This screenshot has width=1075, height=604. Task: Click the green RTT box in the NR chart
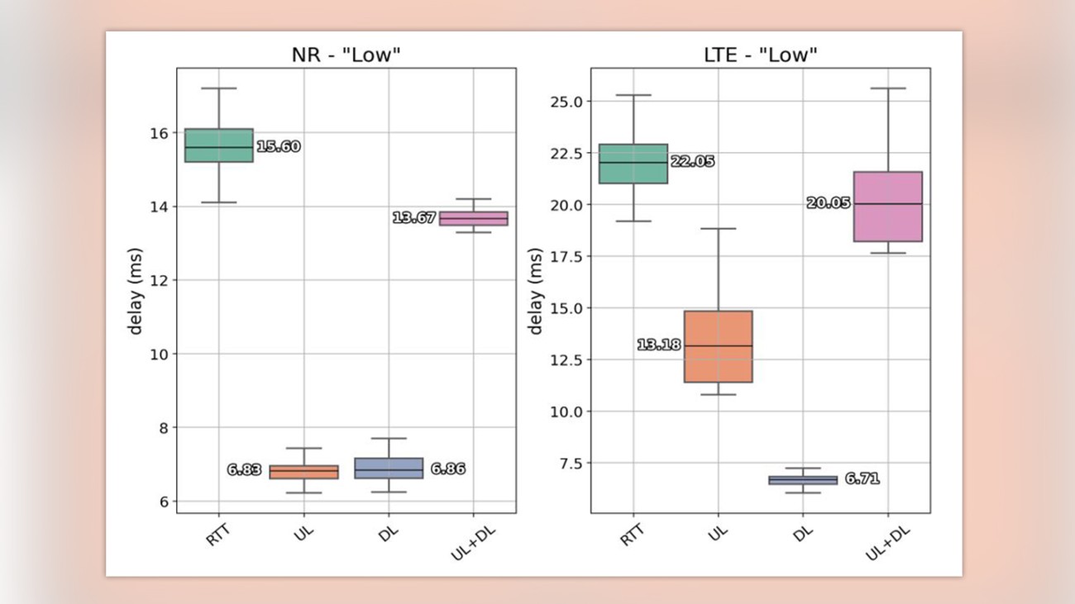[x=218, y=145]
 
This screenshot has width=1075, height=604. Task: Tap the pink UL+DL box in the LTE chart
[x=887, y=207]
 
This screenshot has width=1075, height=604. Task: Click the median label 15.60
[x=278, y=147]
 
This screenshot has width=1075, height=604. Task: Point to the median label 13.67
[x=413, y=218]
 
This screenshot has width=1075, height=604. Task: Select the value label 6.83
[x=244, y=470]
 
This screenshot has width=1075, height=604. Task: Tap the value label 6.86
[x=447, y=469]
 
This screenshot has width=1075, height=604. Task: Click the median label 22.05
[x=692, y=162]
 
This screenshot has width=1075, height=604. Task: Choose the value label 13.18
[x=658, y=345]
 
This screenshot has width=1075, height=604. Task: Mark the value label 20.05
[x=828, y=203]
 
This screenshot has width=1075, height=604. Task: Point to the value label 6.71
[x=862, y=479]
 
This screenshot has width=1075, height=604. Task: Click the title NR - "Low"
[x=346, y=55]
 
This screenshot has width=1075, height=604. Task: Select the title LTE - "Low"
[x=760, y=55]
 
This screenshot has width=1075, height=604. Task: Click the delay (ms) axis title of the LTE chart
[x=536, y=291]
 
